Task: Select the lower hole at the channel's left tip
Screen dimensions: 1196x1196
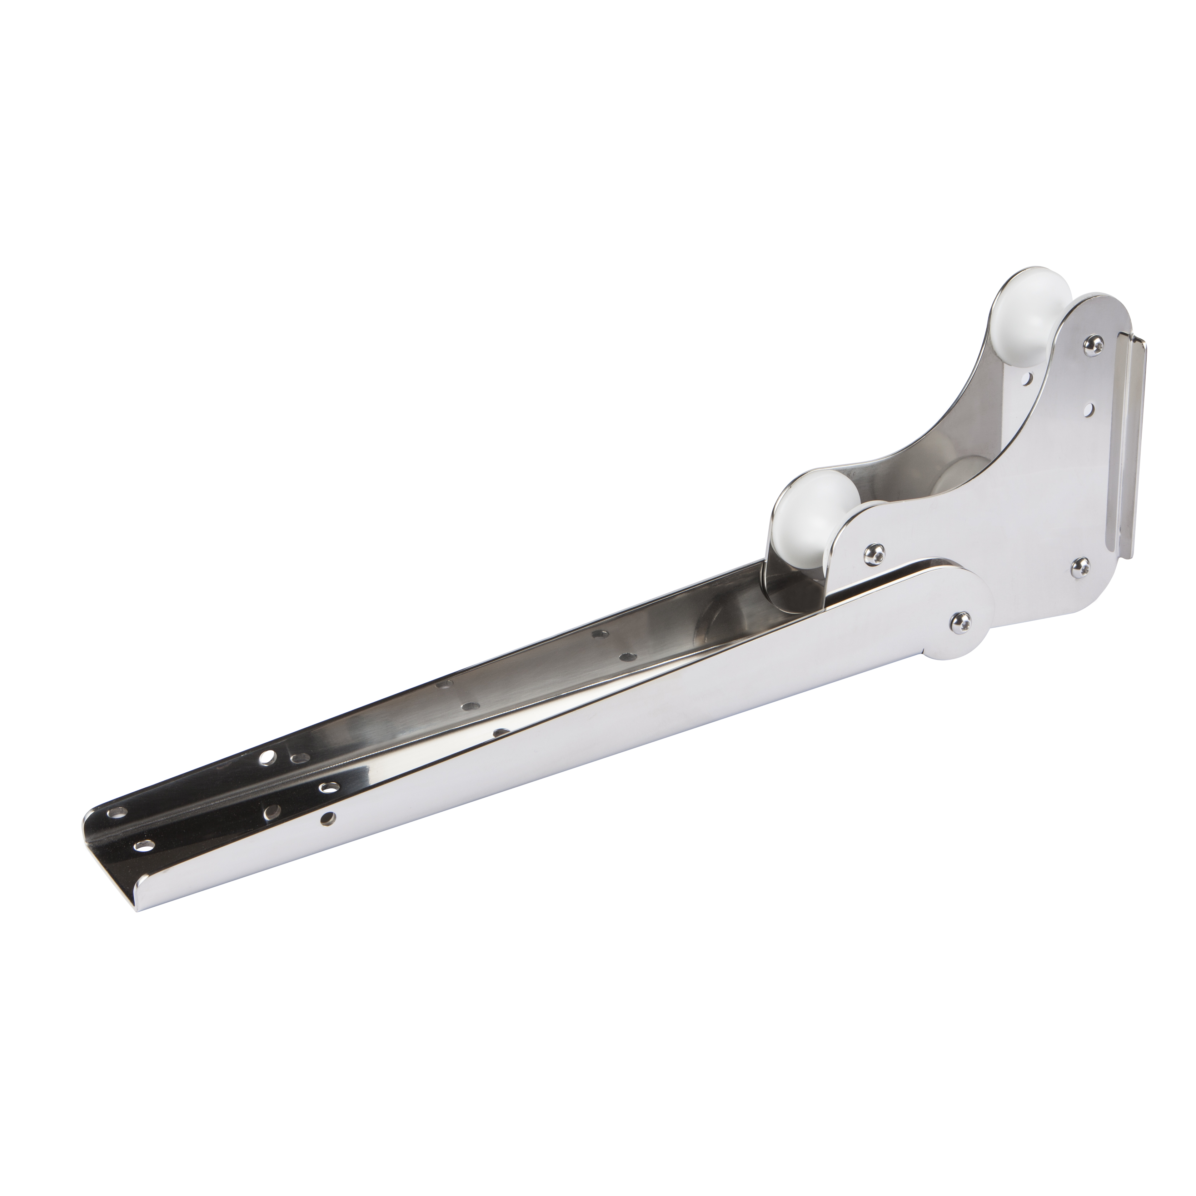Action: point(144,844)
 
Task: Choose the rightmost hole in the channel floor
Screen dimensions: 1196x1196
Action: point(627,656)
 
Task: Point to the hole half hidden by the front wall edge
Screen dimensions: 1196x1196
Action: point(500,732)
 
